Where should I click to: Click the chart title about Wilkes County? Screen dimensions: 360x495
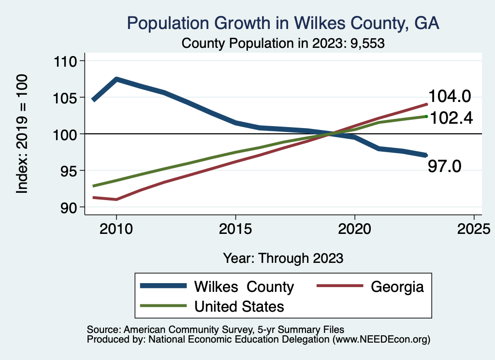tap(283, 23)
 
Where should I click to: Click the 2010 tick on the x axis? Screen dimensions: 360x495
tap(116, 228)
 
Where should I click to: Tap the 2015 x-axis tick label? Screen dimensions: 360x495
tap(235, 228)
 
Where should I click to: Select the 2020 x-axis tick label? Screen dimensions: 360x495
tap(354, 228)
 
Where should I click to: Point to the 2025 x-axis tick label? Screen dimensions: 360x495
tap(473, 228)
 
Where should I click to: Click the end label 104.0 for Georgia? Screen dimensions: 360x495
tap(449, 97)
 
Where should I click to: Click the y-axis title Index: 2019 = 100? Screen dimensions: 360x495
tap(22, 134)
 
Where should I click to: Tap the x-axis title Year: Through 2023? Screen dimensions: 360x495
tap(283, 258)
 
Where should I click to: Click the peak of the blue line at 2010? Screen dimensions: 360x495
tap(116, 79)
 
